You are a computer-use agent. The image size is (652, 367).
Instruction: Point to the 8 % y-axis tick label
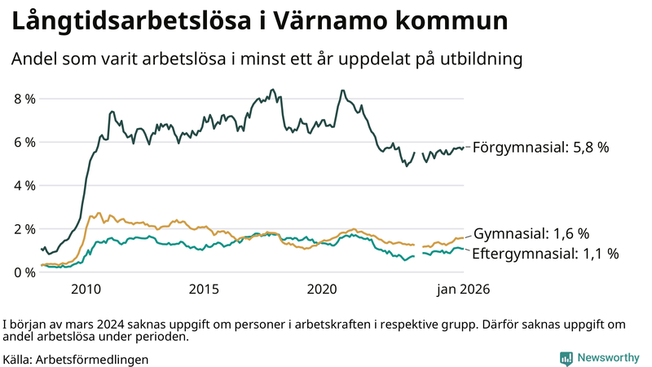(x=24, y=99)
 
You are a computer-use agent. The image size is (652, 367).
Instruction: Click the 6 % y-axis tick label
(x=24, y=142)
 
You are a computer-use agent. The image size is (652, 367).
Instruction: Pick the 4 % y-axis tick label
(x=24, y=185)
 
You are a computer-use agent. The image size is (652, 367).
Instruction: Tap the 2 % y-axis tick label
(x=24, y=228)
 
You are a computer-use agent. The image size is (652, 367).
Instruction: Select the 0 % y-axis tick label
(x=24, y=272)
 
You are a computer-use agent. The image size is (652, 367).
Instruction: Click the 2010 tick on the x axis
(x=86, y=290)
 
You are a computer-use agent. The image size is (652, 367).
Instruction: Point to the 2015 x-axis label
(x=204, y=290)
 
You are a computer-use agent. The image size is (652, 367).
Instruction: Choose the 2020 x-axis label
(x=322, y=290)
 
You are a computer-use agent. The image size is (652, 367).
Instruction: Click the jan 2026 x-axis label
(x=462, y=290)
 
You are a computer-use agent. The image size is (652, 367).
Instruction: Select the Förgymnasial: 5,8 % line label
(x=540, y=148)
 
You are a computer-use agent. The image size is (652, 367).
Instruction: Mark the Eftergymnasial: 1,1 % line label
(x=545, y=254)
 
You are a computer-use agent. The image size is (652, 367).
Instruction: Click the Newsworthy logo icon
(x=566, y=358)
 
